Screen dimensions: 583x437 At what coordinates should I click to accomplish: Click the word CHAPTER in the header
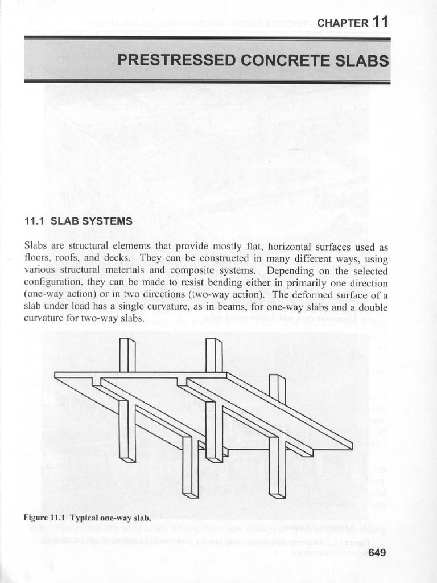(343, 23)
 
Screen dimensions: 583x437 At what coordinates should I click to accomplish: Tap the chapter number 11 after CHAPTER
(381, 22)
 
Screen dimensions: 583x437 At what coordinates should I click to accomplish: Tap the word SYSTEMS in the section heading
(109, 221)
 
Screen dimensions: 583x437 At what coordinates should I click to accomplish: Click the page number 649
(378, 552)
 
